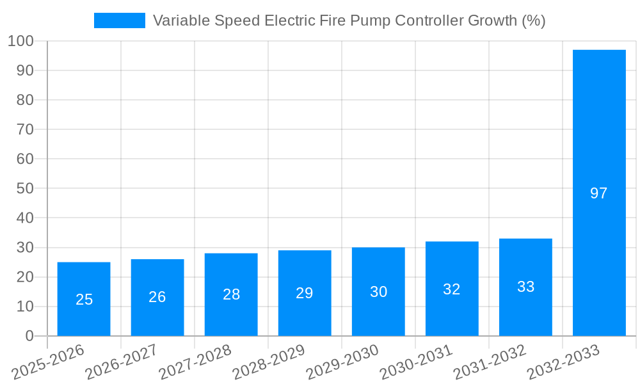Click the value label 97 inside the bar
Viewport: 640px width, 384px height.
click(599, 193)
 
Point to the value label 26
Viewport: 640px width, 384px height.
click(157, 297)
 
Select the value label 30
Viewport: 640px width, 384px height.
click(379, 292)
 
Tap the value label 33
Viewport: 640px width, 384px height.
click(526, 287)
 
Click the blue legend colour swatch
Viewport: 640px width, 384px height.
click(120, 20)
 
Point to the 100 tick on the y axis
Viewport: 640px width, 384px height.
click(20, 41)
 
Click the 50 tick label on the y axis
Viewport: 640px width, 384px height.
click(25, 189)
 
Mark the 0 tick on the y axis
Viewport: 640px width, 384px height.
click(29, 336)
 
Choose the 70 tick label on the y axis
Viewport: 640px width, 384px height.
click(25, 129)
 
